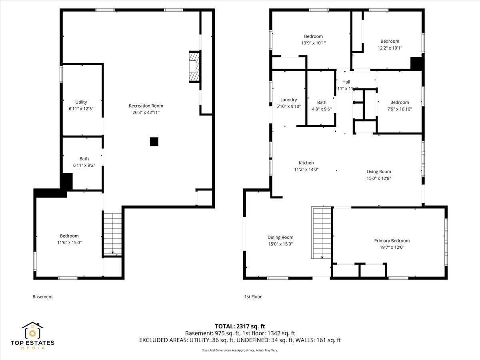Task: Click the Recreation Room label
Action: [x=146, y=106]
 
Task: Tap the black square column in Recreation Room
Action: [x=154, y=142]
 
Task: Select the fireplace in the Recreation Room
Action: [x=194, y=67]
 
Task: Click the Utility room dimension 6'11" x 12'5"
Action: [x=81, y=108]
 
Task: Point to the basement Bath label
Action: [x=84, y=159]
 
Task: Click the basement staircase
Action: [x=112, y=234]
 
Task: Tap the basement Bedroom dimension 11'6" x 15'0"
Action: [x=69, y=242]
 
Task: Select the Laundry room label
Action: [x=288, y=100]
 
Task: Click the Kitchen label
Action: [x=306, y=163]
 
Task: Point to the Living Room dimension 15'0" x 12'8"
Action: [x=378, y=178]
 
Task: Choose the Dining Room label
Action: [x=280, y=237]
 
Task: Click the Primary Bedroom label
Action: [x=392, y=241]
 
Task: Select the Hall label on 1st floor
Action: [x=346, y=82]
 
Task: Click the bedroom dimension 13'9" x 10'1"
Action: [x=313, y=43]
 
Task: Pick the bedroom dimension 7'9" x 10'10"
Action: [x=400, y=109]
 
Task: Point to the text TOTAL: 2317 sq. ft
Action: [x=240, y=326]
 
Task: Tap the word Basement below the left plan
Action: [x=42, y=297]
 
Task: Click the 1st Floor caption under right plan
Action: [x=253, y=297]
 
